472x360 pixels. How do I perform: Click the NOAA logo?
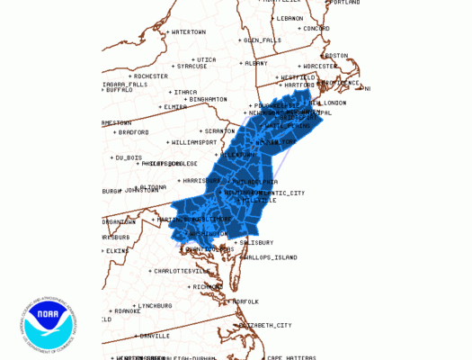49,325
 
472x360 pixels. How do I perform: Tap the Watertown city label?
188,32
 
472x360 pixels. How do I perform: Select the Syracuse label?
191,66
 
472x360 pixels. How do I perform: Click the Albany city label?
256,63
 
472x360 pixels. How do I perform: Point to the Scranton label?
219,130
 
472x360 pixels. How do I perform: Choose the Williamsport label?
194,142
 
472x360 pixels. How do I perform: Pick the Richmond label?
206,286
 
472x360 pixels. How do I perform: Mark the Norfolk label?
245,301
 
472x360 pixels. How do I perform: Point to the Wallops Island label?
270,257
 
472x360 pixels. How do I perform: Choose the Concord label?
315,28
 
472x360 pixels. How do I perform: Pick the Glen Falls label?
263,40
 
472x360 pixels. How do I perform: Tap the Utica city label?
206,59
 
